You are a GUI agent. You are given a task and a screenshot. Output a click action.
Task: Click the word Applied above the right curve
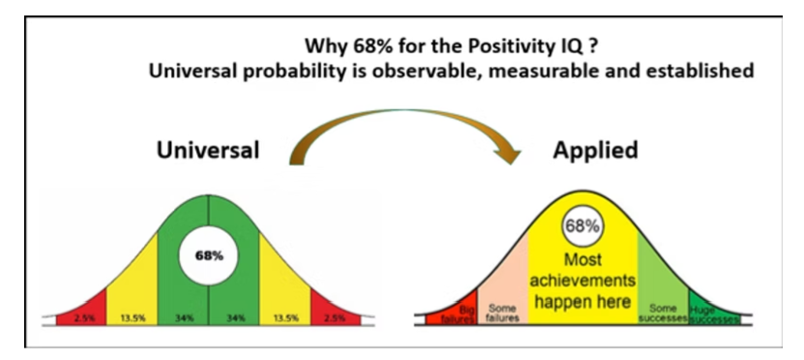point(595,150)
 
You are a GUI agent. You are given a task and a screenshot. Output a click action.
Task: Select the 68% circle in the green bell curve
point(209,256)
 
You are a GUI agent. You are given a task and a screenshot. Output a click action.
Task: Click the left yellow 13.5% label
point(131,315)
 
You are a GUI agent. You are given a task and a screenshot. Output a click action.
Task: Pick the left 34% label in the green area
point(183,315)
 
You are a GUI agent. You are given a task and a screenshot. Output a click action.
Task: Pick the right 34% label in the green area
point(234,315)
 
